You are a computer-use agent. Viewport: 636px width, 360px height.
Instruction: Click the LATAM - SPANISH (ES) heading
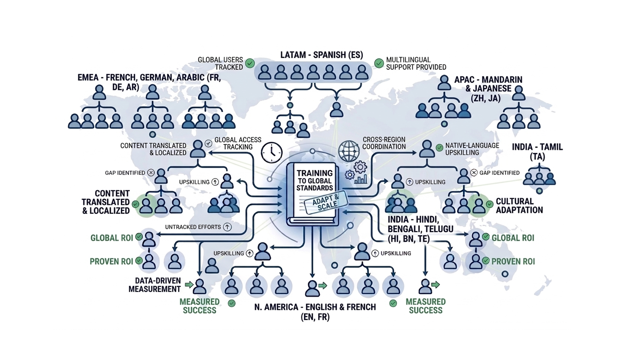pyautogui.click(x=321, y=54)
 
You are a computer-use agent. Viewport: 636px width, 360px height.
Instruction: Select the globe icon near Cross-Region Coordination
pyautogui.click(x=349, y=151)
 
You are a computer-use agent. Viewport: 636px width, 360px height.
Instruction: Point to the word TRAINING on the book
pyautogui.click(x=315, y=173)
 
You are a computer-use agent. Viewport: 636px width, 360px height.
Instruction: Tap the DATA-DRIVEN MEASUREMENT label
pyautogui.click(x=155, y=285)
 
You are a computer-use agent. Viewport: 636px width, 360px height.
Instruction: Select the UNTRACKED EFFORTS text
pyautogui.click(x=193, y=227)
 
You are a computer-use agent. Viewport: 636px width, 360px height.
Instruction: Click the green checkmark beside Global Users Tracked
pyautogui.click(x=250, y=63)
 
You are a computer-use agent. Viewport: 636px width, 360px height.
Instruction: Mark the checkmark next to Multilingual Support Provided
pyautogui.click(x=379, y=63)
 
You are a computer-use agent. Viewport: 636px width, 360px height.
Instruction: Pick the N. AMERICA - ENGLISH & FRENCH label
pyautogui.click(x=315, y=312)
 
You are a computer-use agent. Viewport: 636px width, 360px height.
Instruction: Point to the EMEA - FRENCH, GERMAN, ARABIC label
pyautogui.click(x=149, y=82)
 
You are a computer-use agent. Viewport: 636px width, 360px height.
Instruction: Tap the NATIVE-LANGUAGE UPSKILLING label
pyautogui.click(x=472, y=149)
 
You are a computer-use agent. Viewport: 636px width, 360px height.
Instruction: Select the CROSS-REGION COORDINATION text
pyautogui.click(x=384, y=143)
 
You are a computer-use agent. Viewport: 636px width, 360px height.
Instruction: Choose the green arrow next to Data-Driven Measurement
pyautogui.click(x=189, y=285)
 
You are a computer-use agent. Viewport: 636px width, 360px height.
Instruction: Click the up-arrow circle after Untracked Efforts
pyautogui.click(x=227, y=227)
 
